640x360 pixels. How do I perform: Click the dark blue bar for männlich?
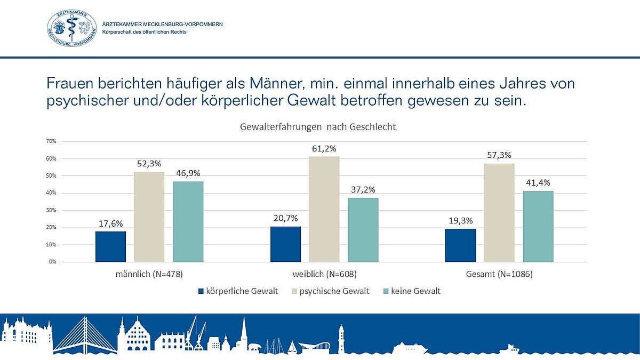[x=110, y=246]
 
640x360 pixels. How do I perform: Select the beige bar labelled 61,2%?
[x=324, y=209]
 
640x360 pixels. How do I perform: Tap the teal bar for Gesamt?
[x=538, y=226]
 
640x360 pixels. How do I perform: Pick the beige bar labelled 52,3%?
[x=149, y=217]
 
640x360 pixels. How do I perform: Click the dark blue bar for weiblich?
[x=285, y=244]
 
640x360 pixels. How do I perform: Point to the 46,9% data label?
[x=188, y=173]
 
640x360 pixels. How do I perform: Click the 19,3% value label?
[x=460, y=220]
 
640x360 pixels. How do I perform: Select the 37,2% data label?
[x=363, y=189]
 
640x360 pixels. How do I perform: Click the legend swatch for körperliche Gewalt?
[x=201, y=292]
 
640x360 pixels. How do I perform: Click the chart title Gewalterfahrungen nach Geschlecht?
[x=318, y=127]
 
